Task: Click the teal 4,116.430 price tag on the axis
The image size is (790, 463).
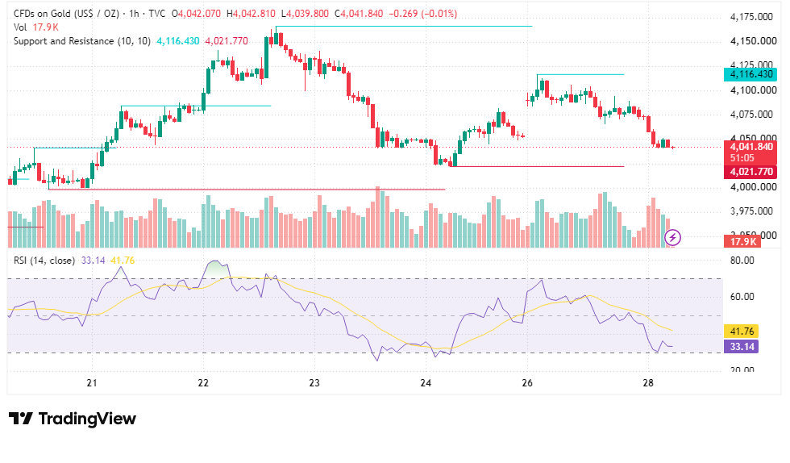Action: pos(750,75)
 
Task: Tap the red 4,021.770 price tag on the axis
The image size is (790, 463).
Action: pos(750,172)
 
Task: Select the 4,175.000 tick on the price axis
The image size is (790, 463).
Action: pos(751,17)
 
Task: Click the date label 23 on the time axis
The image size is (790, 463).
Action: pos(314,383)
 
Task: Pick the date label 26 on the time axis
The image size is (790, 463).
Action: pos(527,383)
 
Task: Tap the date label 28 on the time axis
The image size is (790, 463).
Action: pos(648,383)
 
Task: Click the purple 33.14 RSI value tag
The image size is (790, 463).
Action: pos(742,347)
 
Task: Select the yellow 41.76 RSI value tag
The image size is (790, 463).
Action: pos(742,332)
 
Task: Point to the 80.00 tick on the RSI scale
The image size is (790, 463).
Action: pos(742,261)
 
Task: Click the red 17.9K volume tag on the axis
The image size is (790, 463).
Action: pos(742,242)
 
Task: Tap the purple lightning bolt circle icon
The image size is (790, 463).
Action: pos(672,237)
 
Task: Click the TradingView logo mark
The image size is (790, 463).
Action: pos(21,419)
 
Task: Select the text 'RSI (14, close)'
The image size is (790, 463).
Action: pos(44,261)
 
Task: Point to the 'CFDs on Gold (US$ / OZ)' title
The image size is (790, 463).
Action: pos(66,14)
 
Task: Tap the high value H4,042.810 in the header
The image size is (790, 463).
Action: pos(251,14)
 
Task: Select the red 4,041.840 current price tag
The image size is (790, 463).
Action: pos(750,152)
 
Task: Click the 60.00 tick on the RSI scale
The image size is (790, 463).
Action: pos(742,297)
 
